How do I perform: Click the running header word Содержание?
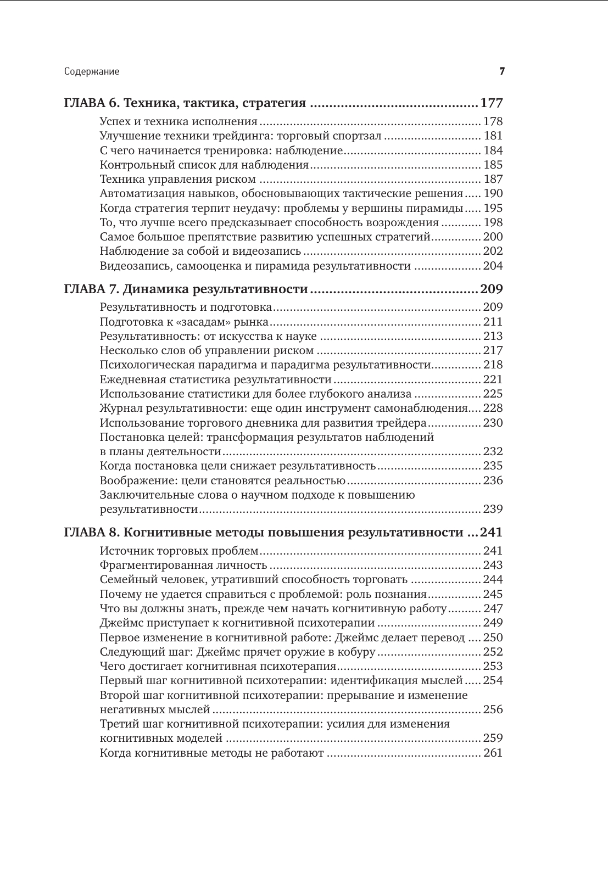tap(92, 71)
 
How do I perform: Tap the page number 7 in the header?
tap(501, 71)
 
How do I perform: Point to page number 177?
tap(492, 103)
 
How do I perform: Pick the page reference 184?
tap(493, 150)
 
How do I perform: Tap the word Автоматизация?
tap(137, 193)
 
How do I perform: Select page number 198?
tap(493, 222)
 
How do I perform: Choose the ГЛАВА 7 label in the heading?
tap(91, 289)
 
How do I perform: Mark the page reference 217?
tap(493, 350)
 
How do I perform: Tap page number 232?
tap(493, 451)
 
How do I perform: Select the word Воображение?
tap(132, 480)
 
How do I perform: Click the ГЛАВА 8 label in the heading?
tap(91, 532)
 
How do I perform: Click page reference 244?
tap(493, 579)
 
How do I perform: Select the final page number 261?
tap(493, 753)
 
